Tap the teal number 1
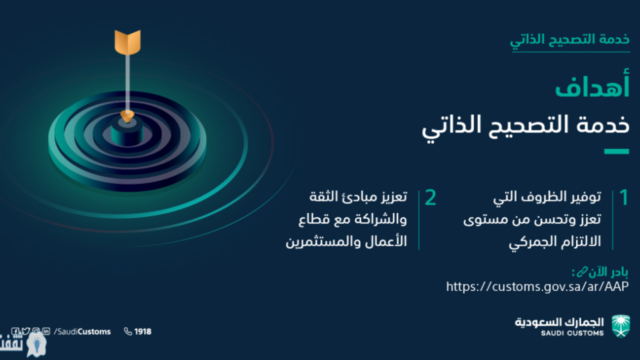point(624,197)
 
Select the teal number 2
point(430,197)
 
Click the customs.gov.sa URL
point(537,286)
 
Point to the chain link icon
point(582,272)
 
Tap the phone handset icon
point(128,331)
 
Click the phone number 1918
point(143,331)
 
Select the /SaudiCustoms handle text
point(82,331)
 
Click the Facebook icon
point(15,331)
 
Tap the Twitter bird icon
point(25,331)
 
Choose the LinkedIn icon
point(46,331)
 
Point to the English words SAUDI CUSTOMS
point(572,333)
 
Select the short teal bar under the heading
point(616,151)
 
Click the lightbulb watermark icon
point(37,344)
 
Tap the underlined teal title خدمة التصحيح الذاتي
point(570,39)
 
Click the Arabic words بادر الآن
point(608,272)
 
